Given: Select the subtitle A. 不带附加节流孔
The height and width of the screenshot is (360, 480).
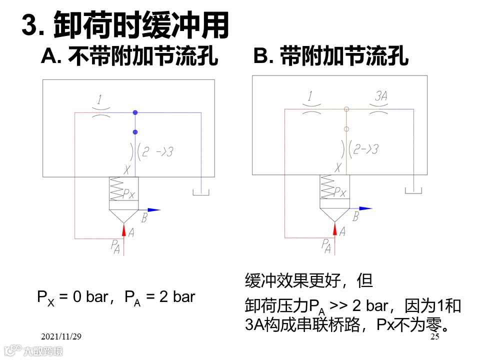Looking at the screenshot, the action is coord(129,56).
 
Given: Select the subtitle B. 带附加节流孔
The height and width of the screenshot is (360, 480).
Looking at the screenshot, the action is coord(331,56).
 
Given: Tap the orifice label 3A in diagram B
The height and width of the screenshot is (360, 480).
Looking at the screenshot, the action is coord(381,96).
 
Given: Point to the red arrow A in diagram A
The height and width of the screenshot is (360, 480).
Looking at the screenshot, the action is coord(123,230).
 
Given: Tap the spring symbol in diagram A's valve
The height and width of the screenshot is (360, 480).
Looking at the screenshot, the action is coord(117,189).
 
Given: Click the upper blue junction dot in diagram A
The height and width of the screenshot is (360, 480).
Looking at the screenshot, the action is coord(135,112).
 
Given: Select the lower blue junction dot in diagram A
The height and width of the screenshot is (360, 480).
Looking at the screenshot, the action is coord(135,132).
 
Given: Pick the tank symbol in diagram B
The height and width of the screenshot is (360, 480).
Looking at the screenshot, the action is coord(413,190).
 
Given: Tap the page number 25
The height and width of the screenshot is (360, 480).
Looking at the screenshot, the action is coord(434,337).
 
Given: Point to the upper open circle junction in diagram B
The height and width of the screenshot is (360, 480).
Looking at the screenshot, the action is coord(346,109).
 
